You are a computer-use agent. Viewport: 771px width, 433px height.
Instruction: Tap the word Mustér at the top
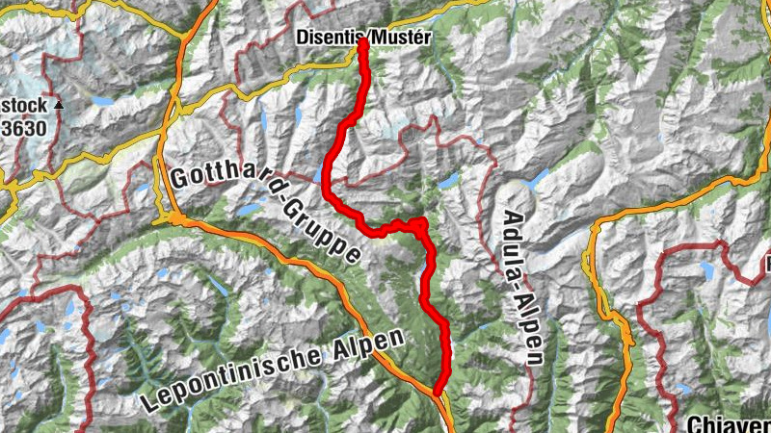pyautogui.click(x=397, y=38)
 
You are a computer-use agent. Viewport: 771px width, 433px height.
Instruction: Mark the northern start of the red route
pyautogui.click(x=363, y=43)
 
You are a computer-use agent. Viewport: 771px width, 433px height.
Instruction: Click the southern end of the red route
pyautogui.click(x=438, y=391)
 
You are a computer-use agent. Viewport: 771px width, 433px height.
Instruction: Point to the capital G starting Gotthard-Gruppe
pyautogui.click(x=179, y=178)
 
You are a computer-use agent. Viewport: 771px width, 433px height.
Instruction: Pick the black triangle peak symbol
pyautogui.click(x=60, y=105)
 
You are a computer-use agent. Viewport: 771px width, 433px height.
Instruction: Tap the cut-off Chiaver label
pyautogui.click(x=729, y=422)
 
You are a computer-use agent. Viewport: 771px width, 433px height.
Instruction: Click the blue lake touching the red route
pyautogui.click(x=321, y=173)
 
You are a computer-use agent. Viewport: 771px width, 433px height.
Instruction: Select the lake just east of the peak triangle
pyautogui.click(x=101, y=99)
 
